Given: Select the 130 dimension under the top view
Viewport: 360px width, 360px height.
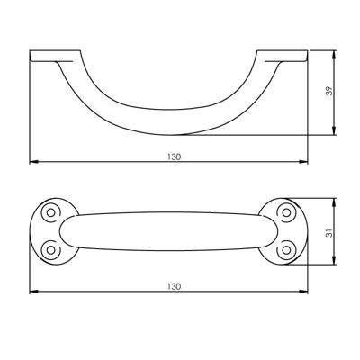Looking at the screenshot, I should click(x=173, y=286).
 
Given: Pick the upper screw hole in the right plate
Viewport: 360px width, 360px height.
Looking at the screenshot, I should click(x=287, y=212).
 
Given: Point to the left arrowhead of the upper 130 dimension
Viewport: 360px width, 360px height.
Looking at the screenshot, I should click(x=33, y=163).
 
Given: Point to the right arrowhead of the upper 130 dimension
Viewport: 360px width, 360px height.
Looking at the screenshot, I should click(x=307, y=163).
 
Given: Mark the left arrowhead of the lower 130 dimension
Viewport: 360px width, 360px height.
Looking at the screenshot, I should click(x=33, y=292).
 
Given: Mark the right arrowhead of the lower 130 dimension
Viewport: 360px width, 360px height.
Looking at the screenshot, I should click(x=307, y=292).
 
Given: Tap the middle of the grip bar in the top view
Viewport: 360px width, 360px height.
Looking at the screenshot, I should click(x=170, y=229).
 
